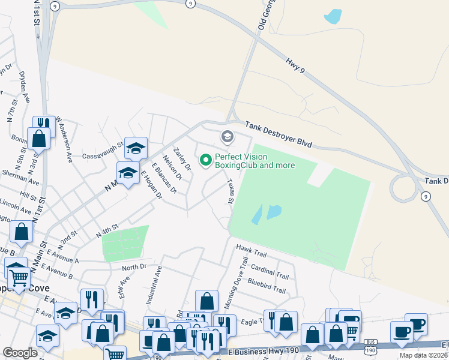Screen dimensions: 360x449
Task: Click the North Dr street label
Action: tap(133, 267)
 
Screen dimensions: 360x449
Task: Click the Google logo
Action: tap(20, 353)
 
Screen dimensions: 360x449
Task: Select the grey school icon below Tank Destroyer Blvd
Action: tap(227, 137)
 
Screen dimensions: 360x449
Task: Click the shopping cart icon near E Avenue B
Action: tap(19, 277)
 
